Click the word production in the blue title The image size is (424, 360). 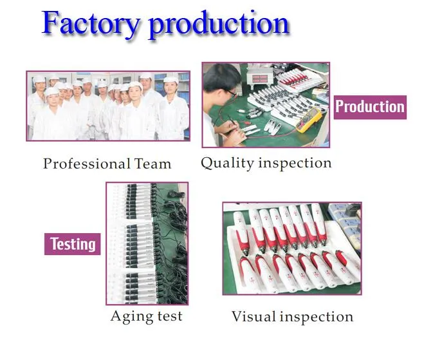click(x=219, y=25)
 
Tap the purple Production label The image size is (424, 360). click(x=370, y=107)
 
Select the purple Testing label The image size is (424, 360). click(x=73, y=244)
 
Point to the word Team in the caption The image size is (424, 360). click(x=152, y=164)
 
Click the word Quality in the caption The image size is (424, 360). click(x=227, y=164)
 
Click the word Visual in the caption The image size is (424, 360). click(x=253, y=316)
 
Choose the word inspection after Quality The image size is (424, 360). click(x=295, y=164)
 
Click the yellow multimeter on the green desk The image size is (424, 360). click(x=309, y=120)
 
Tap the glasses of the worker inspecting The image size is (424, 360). click(x=230, y=93)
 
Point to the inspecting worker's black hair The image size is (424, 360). click(x=221, y=77)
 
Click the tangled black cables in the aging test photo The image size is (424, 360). click(x=173, y=243)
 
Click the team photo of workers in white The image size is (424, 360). click(x=108, y=106)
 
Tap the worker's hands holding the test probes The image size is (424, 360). click(x=232, y=130)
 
